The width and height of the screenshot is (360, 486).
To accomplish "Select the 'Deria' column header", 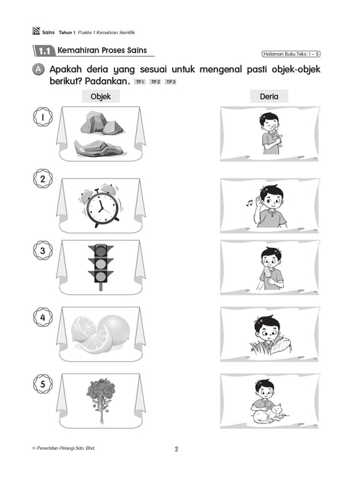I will tap(269, 97).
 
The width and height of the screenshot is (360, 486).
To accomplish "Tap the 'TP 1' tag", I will tap(139, 82).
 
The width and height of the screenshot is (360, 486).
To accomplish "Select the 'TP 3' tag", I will tap(171, 82).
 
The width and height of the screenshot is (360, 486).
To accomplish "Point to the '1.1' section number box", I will tap(44, 51).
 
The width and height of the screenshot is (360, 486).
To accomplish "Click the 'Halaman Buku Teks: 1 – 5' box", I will tap(292, 53).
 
